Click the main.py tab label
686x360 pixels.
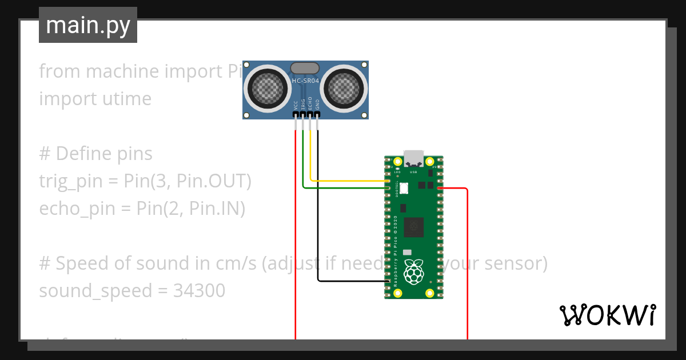pyautogui.click(x=88, y=26)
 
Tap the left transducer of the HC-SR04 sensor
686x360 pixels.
pyautogui.click(x=265, y=89)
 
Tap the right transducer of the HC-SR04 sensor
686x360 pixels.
pyautogui.click(x=345, y=89)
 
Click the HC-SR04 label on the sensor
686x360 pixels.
pyautogui.click(x=305, y=81)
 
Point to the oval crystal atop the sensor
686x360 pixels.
pyautogui.click(x=305, y=68)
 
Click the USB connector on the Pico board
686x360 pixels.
pyautogui.click(x=414, y=158)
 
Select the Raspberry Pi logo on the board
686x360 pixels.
pyautogui.click(x=414, y=273)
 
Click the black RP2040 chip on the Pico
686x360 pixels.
pyautogui.click(x=413, y=227)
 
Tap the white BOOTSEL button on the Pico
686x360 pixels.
pyautogui.click(x=404, y=187)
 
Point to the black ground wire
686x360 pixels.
pyautogui.click(x=318, y=217)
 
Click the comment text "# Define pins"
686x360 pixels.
pyautogui.click(x=95, y=154)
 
